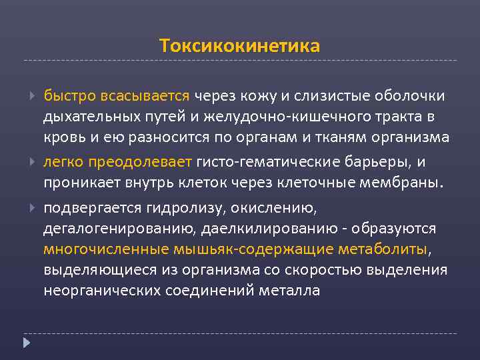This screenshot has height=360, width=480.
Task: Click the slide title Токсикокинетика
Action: (240, 46)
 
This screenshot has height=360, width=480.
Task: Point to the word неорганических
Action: (95, 291)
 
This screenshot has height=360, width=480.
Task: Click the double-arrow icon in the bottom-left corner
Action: (26, 344)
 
